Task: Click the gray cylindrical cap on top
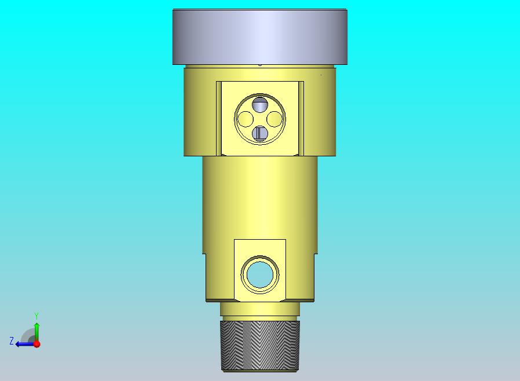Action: click(260, 37)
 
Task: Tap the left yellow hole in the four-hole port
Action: click(246, 119)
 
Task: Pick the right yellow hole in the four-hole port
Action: click(274, 119)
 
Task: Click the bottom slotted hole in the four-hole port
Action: click(260, 134)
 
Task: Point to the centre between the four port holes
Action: click(260, 119)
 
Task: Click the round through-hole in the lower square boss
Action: click(260, 274)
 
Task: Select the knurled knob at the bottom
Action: click(261, 346)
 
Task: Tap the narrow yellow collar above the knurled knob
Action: click(260, 309)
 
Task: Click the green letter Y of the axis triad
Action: click(36, 316)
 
